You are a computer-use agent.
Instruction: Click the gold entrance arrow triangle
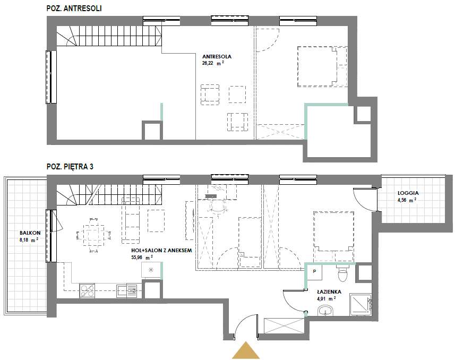pyautogui.click(x=246, y=350)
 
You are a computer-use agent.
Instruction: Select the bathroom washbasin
pyautogui.click(x=326, y=311)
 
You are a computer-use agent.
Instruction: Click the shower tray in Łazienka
pyautogui.click(x=360, y=304)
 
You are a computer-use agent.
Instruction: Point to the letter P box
pyautogui.click(x=314, y=272)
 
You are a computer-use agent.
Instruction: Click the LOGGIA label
pyautogui.click(x=408, y=193)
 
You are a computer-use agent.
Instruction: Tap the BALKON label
pyautogui.click(x=30, y=233)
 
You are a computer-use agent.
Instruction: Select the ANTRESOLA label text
pyautogui.click(x=217, y=57)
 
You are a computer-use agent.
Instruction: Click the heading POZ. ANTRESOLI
pyautogui.click(x=74, y=8)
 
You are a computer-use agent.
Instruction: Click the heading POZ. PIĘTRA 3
pyautogui.click(x=70, y=167)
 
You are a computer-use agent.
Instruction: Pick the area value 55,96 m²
pyautogui.click(x=142, y=257)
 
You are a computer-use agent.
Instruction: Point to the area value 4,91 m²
pyautogui.click(x=326, y=298)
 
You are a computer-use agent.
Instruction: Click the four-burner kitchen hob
pyautogui.click(x=87, y=290)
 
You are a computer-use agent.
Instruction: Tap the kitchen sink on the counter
pyautogui.click(x=127, y=291)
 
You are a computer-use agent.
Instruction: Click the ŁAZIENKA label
pyautogui.click(x=329, y=292)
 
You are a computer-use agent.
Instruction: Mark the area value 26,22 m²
pyautogui.click(x=213, y=63)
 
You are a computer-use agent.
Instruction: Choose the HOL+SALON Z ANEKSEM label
pyautogui.click(x=161, y=250)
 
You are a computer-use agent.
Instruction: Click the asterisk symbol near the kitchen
pyautogui.click(x=151, y=270)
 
